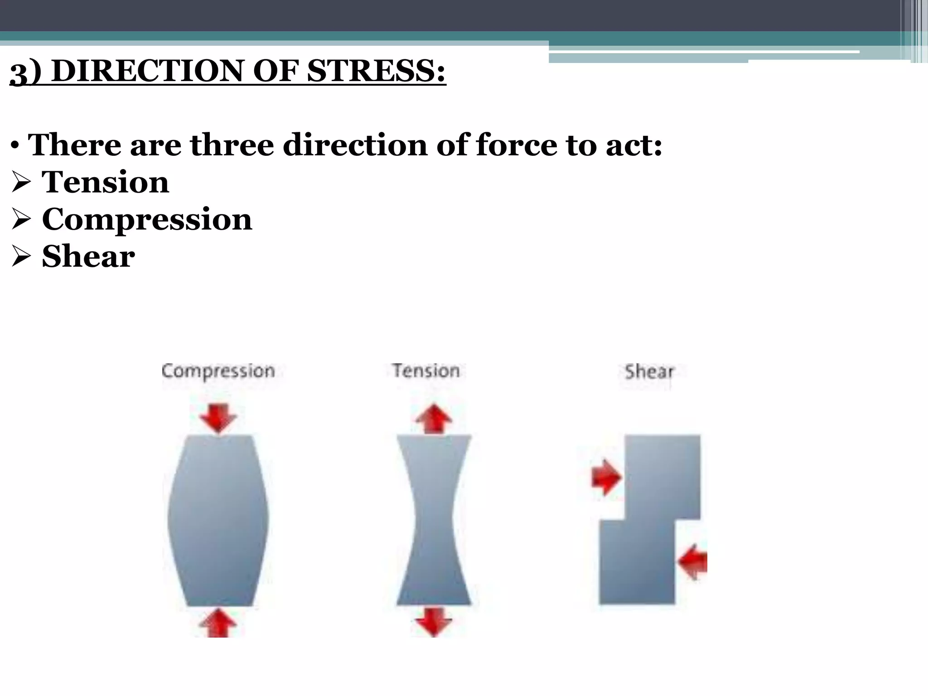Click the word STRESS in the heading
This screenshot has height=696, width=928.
tap(376, 71)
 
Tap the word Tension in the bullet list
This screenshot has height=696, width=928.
tap(105, 182)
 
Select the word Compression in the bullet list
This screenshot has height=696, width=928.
tap(146, 219)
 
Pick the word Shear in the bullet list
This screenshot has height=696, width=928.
tap(88, 256)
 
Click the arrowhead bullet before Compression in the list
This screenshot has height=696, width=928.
tap(21, 220)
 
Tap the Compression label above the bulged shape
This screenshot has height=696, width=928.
tap(218, 371)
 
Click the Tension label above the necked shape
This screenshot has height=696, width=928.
tap(426, 371)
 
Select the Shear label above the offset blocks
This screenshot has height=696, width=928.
tap(649, 372)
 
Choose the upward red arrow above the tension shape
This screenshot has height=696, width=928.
tap(434, 419)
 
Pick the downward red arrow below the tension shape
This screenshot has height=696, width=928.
tap(434, 622)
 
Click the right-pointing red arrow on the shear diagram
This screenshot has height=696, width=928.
tap(606, 477)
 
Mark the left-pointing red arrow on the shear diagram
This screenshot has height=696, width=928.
tap(693, 562)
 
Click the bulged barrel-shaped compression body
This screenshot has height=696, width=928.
tap(218, 520)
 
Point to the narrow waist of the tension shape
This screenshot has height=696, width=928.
tap(434, 517)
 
